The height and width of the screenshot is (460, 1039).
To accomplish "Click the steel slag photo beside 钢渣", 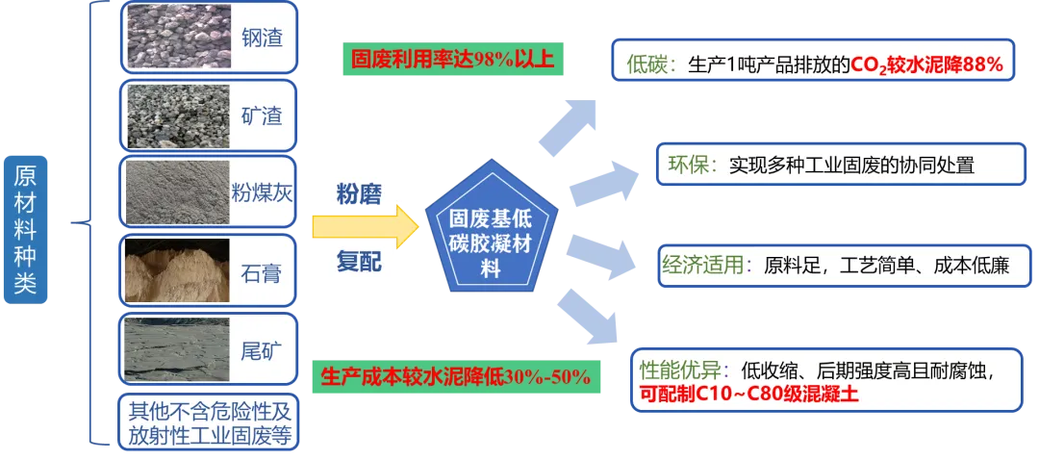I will (177, 38).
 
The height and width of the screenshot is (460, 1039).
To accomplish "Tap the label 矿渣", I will (262, 116).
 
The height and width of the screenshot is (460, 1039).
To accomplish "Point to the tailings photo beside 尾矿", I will (177, 349).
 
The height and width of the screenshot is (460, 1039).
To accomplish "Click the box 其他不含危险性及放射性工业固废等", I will (209, 422).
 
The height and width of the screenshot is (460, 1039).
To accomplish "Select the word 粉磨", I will (358, 193).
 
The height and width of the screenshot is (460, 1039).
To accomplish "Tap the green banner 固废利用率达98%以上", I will (451, 60).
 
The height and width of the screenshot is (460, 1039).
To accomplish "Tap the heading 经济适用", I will (699, 265).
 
